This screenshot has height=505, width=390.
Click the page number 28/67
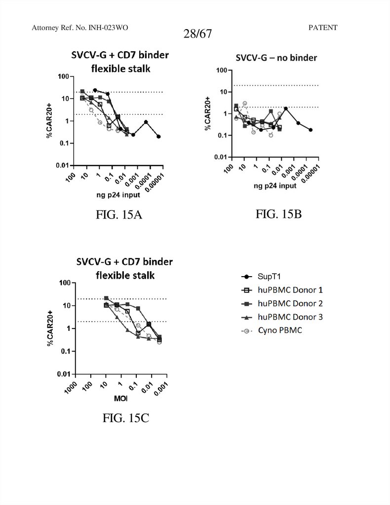pos(195,34)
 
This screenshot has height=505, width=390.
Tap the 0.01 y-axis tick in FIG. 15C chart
pos(63,374)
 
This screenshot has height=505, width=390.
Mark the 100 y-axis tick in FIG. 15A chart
pos(63,76)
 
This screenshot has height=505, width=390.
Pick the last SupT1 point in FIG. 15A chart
pos(158,136)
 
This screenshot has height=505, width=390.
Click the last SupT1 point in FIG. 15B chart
pos(310,130)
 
